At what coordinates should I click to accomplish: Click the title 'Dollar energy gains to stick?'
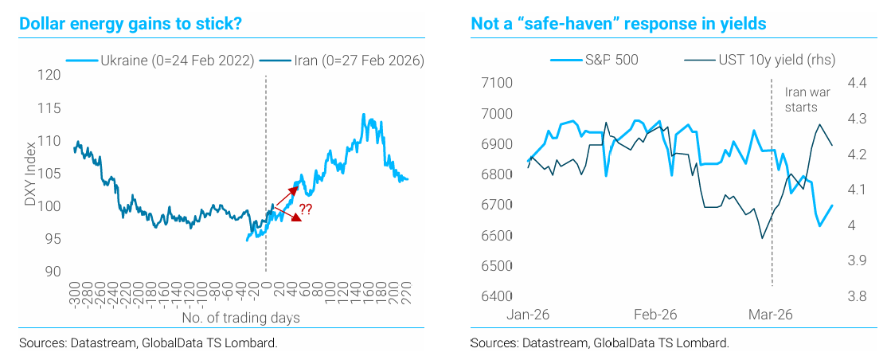[x=131, y=24]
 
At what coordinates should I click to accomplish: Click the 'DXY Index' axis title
[x=30, y=173]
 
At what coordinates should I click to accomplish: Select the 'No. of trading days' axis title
[x=240, y=319]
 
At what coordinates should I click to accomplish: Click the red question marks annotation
[x=305, y=210]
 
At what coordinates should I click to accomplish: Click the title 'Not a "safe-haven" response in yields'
[x=618, y=24]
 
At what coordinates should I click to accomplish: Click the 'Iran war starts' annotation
[x=801, y=100]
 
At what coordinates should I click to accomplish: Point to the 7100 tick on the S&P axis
[x=495, y=84]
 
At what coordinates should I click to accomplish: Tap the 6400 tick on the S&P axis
[x=495, y=297]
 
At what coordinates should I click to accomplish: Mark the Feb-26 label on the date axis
[x=655, y=315]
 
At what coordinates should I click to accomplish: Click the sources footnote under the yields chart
[x=600, y=343]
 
